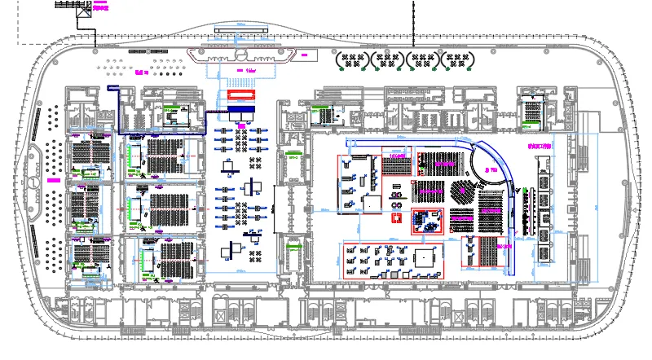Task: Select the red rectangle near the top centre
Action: point(241,94)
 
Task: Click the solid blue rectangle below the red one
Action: point(242,109)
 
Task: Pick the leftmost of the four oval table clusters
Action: point(352,60)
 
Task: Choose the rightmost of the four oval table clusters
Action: point(457,60)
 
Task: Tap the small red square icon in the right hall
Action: point(398,219)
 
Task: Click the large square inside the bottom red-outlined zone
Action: point(425,257)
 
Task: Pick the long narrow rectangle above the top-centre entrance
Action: point(241,31)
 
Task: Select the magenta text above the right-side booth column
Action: point(540,147)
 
